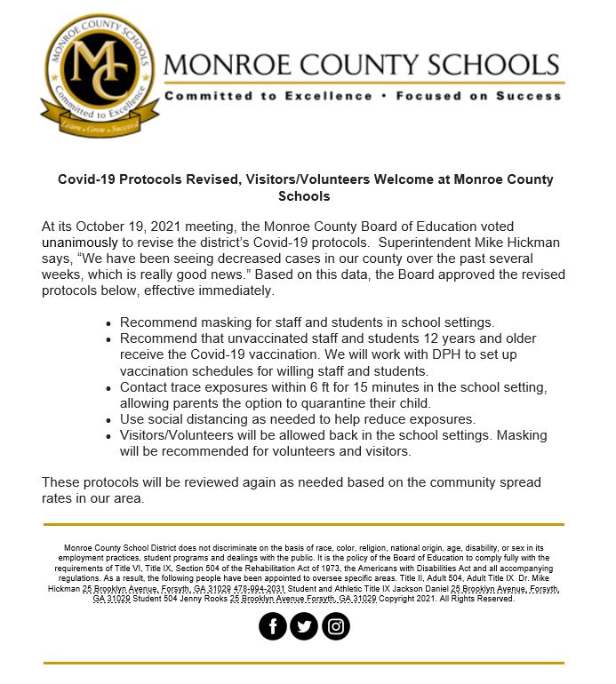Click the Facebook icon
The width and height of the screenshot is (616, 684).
(x=272, y=626)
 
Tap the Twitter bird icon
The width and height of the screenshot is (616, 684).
(x=304, y=626)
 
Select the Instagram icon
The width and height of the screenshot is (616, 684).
(x=336, y=626)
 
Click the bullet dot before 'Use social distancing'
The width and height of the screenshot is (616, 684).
(x=109, y=419)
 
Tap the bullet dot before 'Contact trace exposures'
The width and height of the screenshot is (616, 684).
(x=109, y=387)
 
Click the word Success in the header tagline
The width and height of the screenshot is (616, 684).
(x=529, y=96)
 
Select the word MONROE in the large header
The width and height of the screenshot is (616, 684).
(x=226, y=65)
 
